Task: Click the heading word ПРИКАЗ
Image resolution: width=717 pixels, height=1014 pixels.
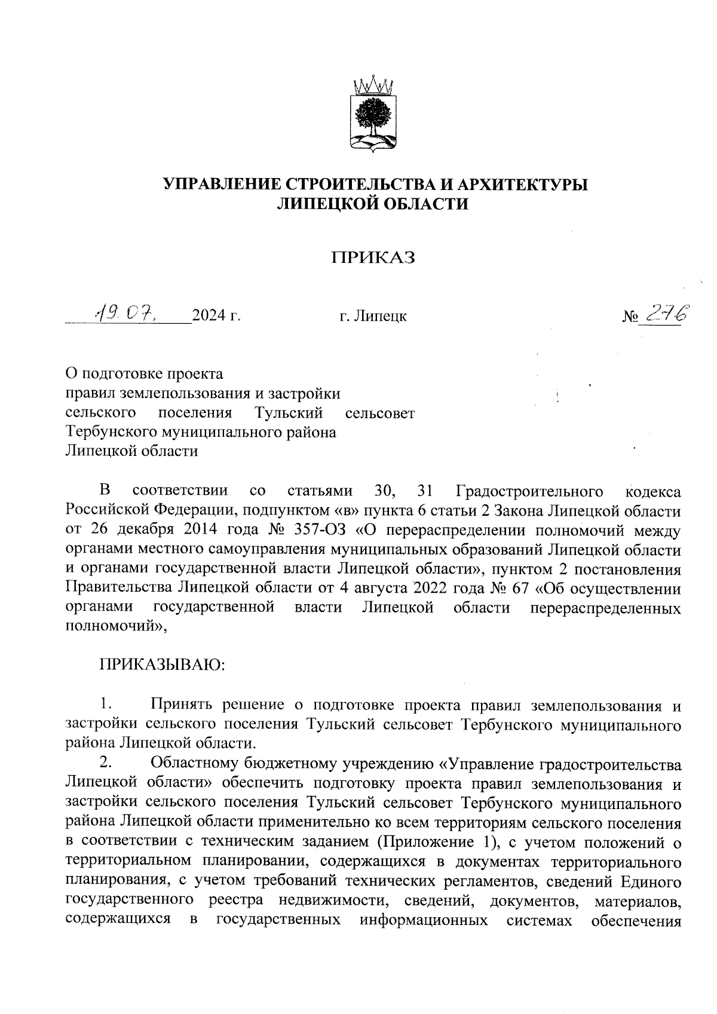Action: tap(373, 258)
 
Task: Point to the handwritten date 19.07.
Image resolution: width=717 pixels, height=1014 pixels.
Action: tap(127, 311)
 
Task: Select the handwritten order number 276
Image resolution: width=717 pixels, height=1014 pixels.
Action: tap(667, 312)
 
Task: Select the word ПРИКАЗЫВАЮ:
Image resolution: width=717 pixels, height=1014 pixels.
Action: tap(161, 664)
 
